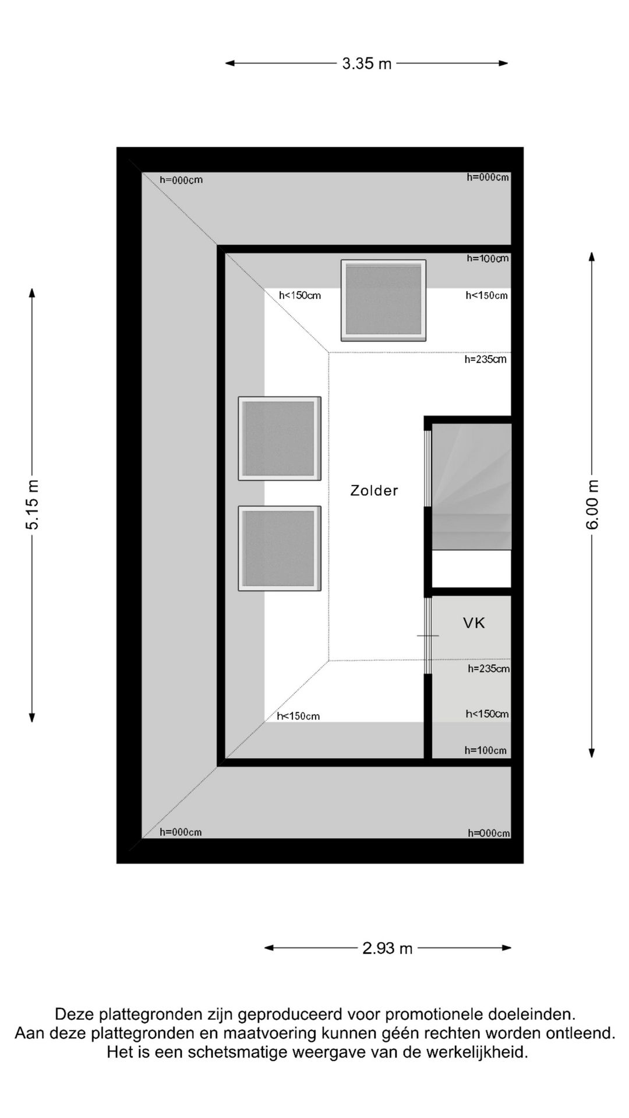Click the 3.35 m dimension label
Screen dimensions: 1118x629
(x=366, y=63)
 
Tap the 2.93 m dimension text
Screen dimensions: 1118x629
(x=387, y=949)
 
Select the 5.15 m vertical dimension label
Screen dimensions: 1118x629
(x=33, y=504)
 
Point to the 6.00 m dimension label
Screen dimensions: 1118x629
(x=592, y=504)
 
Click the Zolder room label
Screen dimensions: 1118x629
(x=374, y=491)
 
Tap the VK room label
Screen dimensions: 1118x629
(x=474, y=624)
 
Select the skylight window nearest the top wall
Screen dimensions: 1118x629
(x=383, y=300)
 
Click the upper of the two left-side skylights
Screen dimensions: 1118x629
(x=280, y=438)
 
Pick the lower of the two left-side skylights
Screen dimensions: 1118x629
(x=280, y=548)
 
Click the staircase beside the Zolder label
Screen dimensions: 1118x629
(x=471, y=486)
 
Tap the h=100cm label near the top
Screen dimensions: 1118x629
(x=487, y=259)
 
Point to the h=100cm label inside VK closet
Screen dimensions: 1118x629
(x=486, y=751)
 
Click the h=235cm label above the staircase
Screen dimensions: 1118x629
(x=486, y=360)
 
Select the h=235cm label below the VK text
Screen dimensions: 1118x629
(x=489, y=669)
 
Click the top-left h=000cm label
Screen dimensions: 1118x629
(x=181, y=181)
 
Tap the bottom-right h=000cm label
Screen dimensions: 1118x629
(x=489, y=833)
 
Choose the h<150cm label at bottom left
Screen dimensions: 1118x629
(x=298, y=716)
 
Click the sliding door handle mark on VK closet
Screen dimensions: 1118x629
(x=428, y=636)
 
